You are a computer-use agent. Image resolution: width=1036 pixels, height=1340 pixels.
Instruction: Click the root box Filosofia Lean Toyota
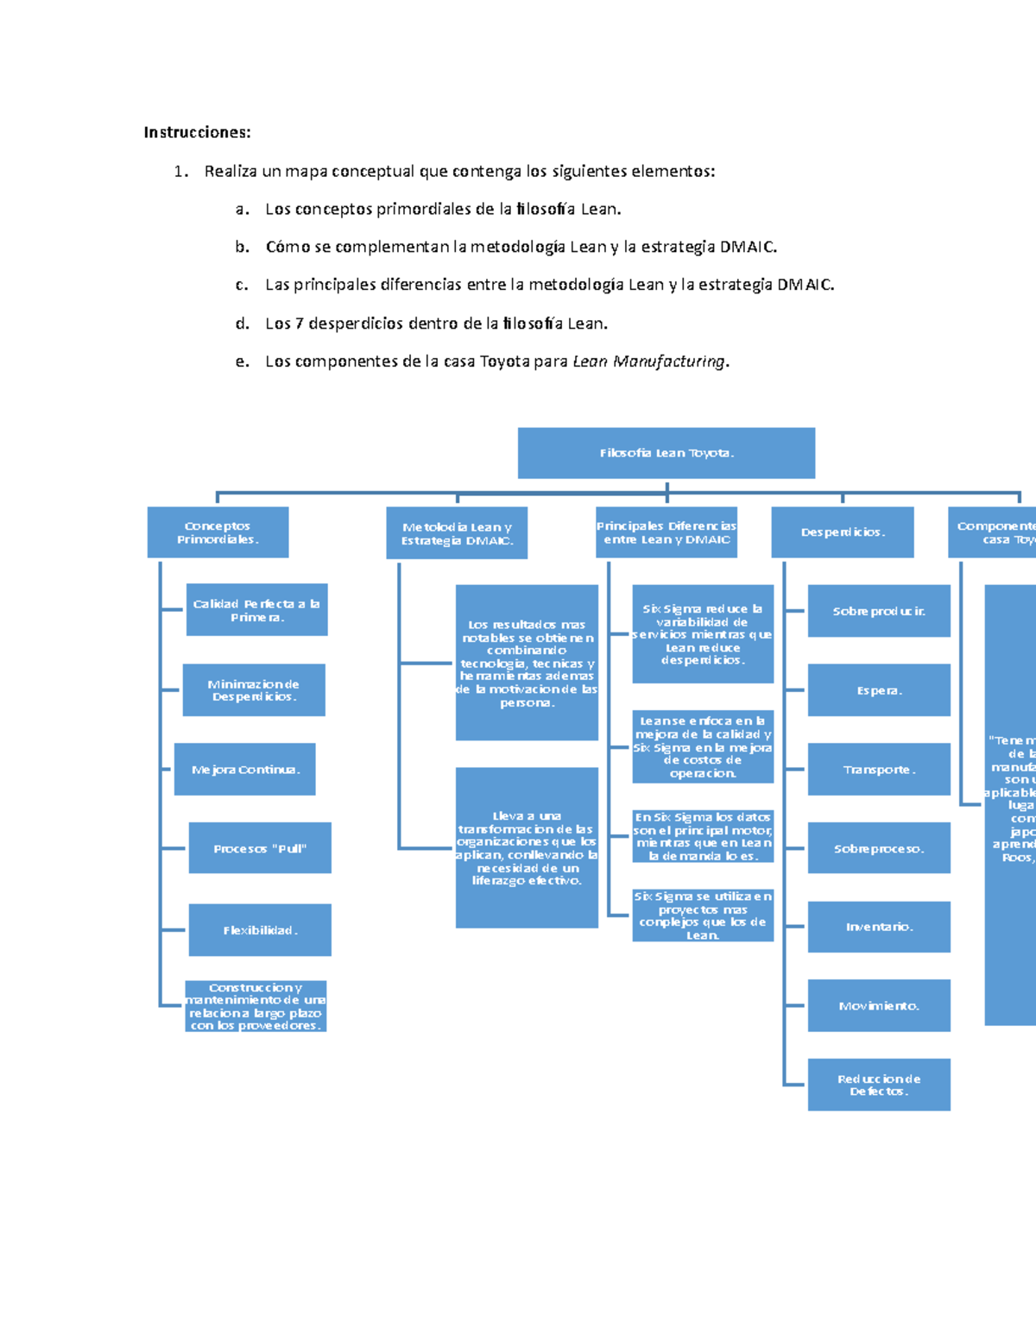666,453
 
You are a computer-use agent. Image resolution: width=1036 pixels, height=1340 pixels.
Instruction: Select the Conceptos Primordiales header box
218,532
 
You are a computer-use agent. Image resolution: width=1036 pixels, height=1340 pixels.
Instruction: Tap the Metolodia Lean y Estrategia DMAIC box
457,533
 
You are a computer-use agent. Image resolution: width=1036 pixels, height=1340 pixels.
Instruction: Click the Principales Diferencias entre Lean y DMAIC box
666,532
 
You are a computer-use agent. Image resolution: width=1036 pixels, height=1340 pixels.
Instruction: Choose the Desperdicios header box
843,532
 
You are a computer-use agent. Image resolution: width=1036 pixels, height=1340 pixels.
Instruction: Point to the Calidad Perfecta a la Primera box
256,610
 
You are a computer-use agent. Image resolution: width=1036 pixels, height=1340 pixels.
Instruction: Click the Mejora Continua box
245,769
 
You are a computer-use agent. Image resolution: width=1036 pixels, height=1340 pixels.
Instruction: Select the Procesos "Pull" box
260,848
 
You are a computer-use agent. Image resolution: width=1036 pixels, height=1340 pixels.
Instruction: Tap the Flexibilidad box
260,930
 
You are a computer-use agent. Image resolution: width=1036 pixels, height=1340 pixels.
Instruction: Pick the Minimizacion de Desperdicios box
254,690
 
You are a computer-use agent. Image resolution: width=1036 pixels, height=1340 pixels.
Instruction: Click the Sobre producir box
879,611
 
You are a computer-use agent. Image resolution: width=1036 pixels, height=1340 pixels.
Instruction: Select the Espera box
879,690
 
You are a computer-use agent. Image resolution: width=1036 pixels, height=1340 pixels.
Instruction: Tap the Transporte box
879,769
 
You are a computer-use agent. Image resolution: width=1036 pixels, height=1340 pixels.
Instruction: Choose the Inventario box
879,927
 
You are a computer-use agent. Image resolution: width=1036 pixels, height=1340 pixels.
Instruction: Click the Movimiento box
879,1005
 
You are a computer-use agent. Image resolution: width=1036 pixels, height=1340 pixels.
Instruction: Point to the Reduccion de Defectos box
879,1085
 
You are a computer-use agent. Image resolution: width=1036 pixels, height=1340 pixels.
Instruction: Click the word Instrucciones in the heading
197,132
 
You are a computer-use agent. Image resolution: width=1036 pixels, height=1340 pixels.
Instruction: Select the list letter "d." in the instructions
243,324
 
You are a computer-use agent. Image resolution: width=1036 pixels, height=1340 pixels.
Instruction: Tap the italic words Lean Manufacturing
649,362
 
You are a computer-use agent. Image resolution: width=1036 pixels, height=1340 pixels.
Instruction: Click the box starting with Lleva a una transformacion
527,847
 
